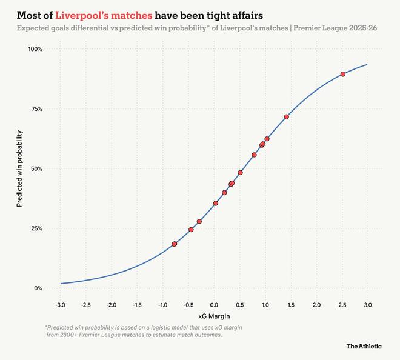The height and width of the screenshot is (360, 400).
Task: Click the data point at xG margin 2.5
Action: click(x=343, y=74)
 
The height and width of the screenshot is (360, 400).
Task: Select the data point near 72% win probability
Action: click(x=287, y=116)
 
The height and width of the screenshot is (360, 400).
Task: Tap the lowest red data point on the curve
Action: click(x=175, y=244)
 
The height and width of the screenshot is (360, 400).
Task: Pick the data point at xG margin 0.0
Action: click(x=216, y=203)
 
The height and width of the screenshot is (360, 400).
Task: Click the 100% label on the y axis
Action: click(x=36, y=48)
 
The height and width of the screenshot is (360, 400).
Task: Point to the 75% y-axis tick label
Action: click(x=38, y=108)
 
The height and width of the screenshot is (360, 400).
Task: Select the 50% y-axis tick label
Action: click(x=38, y=168)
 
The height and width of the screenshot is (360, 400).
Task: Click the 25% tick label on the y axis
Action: click(x=38, y=228)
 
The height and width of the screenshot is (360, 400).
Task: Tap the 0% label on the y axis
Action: click(x=39, y=288)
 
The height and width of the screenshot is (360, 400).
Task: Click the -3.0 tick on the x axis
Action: click(x=61, y=304)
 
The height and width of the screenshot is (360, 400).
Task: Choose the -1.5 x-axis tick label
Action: click(x=137, y=304)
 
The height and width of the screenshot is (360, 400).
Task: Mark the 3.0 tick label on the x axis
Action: click(x=368, y=304)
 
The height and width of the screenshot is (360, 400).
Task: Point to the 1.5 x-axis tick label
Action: click(x=291, y=304)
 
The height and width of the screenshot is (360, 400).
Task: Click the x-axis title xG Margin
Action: click(x=214, y=316)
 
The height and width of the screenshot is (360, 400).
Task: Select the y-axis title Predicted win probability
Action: click(x=19, y=168)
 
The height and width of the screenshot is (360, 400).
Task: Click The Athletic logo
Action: click(x=364, y=346)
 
